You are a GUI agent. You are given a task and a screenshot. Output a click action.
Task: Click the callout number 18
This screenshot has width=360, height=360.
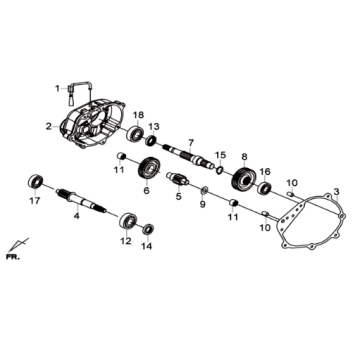[138, 115]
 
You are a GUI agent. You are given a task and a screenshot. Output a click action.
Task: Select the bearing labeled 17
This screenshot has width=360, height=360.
[35, 181]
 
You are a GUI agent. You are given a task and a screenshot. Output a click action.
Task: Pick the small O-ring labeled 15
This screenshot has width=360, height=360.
[219, 170]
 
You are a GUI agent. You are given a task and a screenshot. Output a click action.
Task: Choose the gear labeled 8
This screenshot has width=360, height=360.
[243, 182]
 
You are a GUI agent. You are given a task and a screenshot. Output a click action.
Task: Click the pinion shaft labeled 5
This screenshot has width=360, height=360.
[178, 178]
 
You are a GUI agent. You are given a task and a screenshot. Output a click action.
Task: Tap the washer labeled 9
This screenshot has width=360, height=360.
[204, 190]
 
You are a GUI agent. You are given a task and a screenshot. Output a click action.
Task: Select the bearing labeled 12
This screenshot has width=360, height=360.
[127, 221]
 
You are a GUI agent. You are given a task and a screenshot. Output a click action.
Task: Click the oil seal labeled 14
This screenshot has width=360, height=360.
[148, 230]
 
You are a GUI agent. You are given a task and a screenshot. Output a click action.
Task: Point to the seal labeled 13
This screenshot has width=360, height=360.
[151, 140]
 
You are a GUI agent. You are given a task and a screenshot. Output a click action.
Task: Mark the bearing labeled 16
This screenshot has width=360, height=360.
[264, 189]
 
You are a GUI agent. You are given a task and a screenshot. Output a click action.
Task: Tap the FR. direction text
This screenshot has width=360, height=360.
[13, 257]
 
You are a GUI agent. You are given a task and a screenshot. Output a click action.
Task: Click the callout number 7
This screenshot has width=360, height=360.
[190, 143]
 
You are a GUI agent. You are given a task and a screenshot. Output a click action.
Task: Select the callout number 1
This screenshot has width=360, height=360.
[57, 89]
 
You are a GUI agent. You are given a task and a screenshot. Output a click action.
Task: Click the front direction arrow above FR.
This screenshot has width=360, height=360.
[17, 245]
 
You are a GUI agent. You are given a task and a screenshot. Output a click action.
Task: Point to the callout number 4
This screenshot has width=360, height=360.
[77, 216]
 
